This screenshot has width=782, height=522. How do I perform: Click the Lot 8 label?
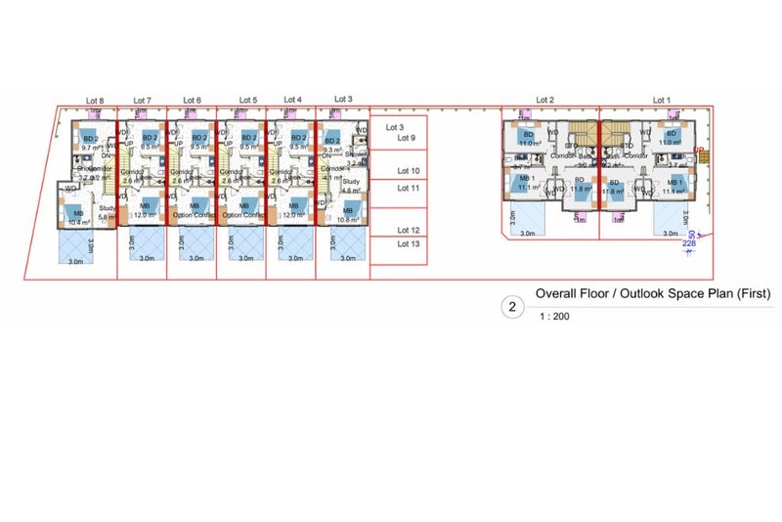[95, 101]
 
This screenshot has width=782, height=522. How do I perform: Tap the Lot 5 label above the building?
[248, 101]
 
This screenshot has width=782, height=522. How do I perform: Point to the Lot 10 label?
[409, 171]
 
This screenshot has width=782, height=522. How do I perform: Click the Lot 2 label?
[544, 101]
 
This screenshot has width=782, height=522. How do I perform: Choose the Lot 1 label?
[662, 101]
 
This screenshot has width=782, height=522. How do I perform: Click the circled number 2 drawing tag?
[510, 307]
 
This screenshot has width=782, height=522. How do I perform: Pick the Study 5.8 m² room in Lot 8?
[107, 211]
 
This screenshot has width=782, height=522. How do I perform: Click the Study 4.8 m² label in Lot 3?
[353, 185]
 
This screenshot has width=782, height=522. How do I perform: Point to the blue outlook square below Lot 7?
[145, 246]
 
